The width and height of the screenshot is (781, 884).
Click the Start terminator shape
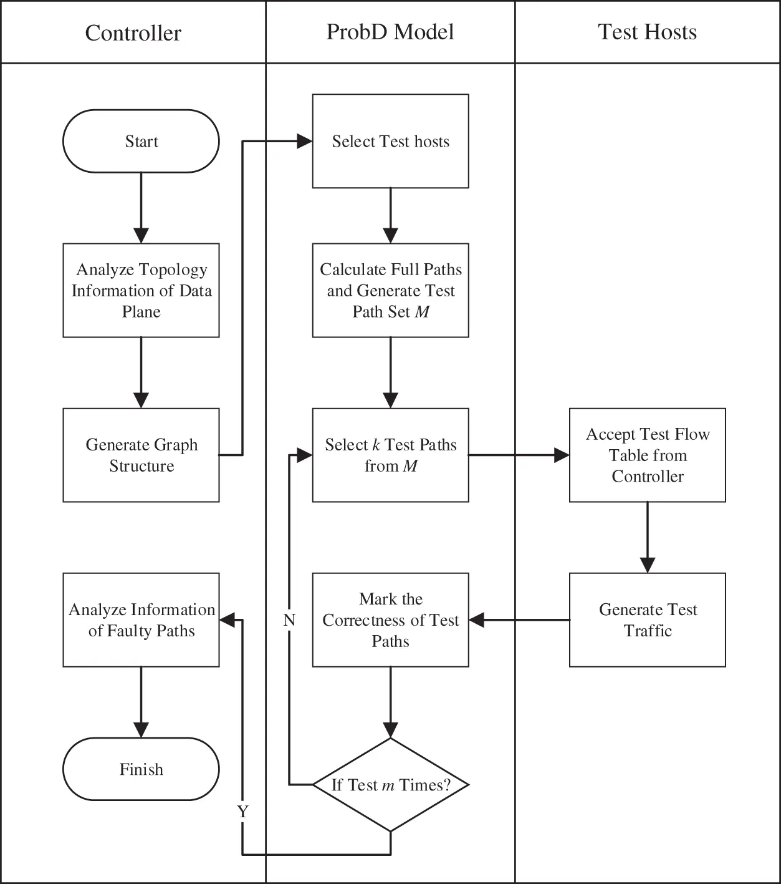point(141,141)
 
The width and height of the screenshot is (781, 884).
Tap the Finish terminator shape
point(141,769)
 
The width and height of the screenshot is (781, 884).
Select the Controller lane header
point(133,32)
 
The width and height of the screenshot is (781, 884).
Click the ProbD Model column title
point(390,32)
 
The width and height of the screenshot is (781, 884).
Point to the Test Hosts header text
point(647,32)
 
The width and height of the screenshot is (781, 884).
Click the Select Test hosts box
point(390,141)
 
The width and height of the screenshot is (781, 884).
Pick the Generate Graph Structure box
point(141,455)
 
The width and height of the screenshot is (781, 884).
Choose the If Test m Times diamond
point(390,784)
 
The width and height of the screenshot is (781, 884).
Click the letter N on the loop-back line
point(289,620)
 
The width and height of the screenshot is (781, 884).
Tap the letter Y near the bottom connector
point(242,812)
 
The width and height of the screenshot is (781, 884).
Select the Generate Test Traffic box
point(647,619)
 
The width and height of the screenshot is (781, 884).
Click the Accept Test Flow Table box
point(647,455)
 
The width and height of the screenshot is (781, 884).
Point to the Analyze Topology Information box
point(141,290)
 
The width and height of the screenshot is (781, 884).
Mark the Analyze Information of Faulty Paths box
point(141,619)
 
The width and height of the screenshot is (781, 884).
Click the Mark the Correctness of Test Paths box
point(390,619)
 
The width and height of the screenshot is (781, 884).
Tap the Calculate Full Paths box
point(390,290)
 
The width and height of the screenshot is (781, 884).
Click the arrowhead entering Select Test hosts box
point(305,142)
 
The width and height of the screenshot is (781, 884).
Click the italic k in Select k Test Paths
point(376,445)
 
